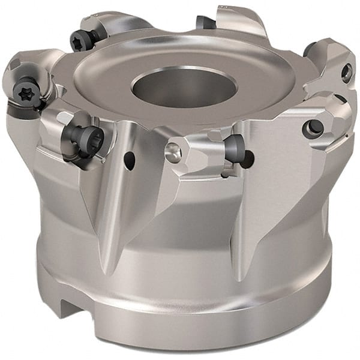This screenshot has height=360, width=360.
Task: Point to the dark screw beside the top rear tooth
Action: coord(206,23)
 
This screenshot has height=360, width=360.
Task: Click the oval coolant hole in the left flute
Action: coord(129,160)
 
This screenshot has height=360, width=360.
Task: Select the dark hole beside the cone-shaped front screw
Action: coord(248,158)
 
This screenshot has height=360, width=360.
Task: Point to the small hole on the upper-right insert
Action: coord(346,73)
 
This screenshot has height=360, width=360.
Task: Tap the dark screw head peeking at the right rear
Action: coord(309,49)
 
